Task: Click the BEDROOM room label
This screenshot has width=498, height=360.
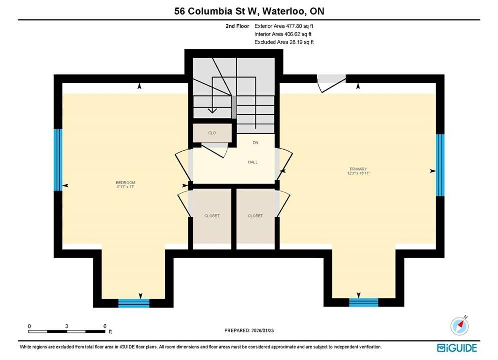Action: (126, 182)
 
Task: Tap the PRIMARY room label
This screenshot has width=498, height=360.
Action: (358, 169)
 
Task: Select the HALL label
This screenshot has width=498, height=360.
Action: (253, 162)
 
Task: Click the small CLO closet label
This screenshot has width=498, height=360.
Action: (212, 133)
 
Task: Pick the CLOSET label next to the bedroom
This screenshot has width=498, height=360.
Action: (212, 216)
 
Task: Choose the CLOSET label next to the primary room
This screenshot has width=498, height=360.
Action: (255, 216)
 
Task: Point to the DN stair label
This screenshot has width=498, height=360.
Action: (256, 143)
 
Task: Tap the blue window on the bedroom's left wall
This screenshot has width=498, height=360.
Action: (58, 160)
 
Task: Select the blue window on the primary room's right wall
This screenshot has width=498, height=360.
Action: (440, 165)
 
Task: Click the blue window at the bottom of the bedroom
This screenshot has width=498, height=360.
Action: (134, 303)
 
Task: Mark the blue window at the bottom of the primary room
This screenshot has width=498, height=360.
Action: (364, 302)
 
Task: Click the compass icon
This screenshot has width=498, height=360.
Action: (459, 325)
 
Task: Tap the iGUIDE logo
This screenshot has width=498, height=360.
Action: (457, 348)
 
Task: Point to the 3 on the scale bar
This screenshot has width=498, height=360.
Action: (67, 326)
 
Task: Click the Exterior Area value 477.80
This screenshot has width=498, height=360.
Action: (293, 26)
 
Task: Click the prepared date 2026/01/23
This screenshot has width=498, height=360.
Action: (262, 330)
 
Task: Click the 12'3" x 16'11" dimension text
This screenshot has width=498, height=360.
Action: (359, 173)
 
